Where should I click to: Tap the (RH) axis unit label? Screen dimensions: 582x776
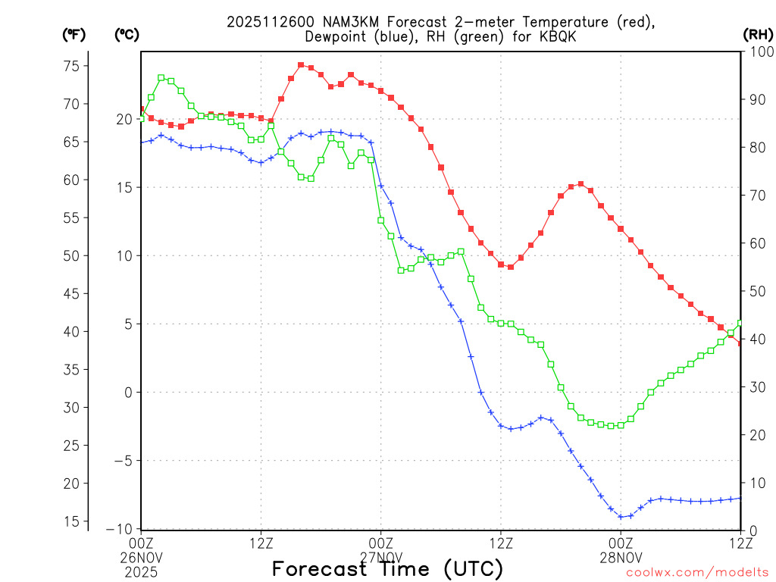(758, 34)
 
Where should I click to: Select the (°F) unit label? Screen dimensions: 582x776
(74, 34)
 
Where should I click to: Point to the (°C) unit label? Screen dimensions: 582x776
(127, 34)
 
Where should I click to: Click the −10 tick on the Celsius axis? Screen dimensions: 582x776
(123, 529)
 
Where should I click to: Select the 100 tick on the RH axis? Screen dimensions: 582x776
(758, 52)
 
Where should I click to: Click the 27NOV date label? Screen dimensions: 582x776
(380, 557)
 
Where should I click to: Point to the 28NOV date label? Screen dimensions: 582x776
(621, 557)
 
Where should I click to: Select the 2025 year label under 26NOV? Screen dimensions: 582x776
(142, 570)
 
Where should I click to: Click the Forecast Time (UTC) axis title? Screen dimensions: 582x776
(387, 568)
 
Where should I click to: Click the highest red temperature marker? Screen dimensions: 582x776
(301, 65)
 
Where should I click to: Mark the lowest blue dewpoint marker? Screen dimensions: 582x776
(621, 517)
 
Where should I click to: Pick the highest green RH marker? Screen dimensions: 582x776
(161, 77)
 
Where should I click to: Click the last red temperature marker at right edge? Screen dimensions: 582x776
(740, 343)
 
